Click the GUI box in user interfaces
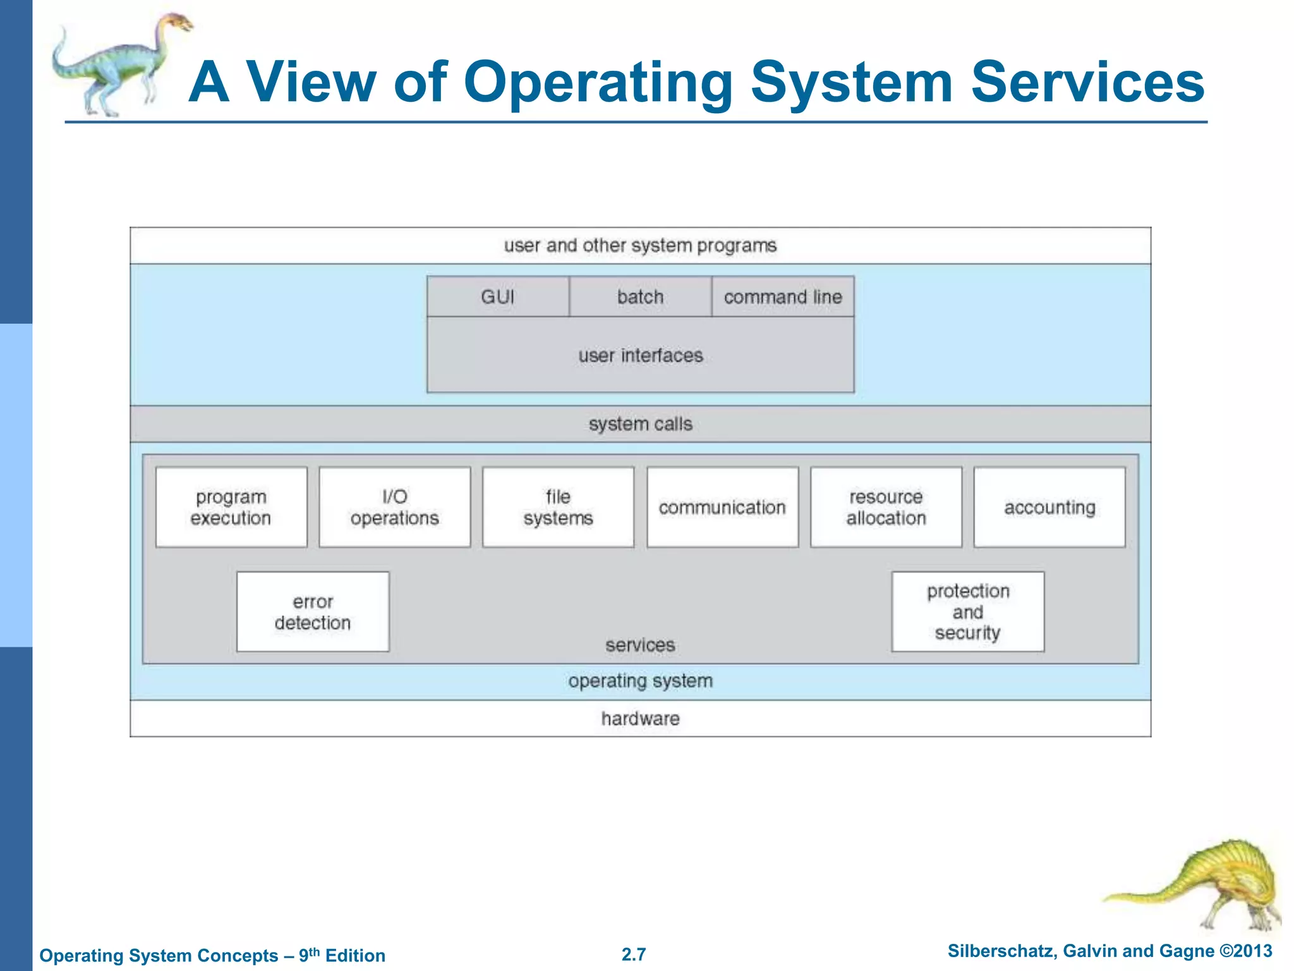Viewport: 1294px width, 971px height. click(x=498, y=296)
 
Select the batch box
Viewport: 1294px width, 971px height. click(x=640, y=296)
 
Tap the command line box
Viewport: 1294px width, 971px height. click(x=783, y=296)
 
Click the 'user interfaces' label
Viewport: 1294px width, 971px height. click(x=640, y=355)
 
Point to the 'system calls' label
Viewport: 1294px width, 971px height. click(x=640, y=424)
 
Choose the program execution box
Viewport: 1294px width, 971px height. click(x=231, y=507)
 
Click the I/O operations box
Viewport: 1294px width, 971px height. click(x=395, y=507)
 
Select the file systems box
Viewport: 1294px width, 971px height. click(x=558, y=507)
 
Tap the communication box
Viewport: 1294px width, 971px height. click(x=722, y=507)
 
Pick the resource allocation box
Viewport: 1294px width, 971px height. click(x=886, y=507)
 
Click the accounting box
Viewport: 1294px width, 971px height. click(x=1049, y=507)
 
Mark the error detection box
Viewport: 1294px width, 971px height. click(x=313, y=612)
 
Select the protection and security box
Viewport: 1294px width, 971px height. click(x=967, y=612)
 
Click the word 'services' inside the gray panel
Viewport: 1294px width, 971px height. click(x=640, y=645)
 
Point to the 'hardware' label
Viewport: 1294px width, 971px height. click(x=640, y=719)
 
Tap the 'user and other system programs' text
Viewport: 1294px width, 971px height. click(x=640, y=245)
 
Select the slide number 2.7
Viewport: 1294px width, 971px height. click(x=634, y=954)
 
